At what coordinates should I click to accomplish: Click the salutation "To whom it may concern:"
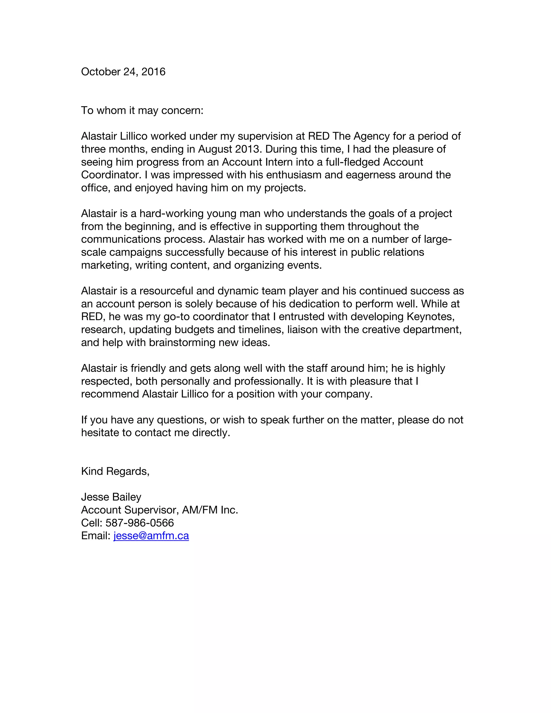(x=142, y=110)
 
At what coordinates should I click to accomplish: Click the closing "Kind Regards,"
(x=115, y=471)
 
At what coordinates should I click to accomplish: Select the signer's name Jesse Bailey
(x=111, y=497)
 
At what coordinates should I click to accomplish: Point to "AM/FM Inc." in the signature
(x=210, y=510)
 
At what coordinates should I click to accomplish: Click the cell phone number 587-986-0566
(x=140, y=523)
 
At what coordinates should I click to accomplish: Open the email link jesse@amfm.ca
(x=151, y=536)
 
